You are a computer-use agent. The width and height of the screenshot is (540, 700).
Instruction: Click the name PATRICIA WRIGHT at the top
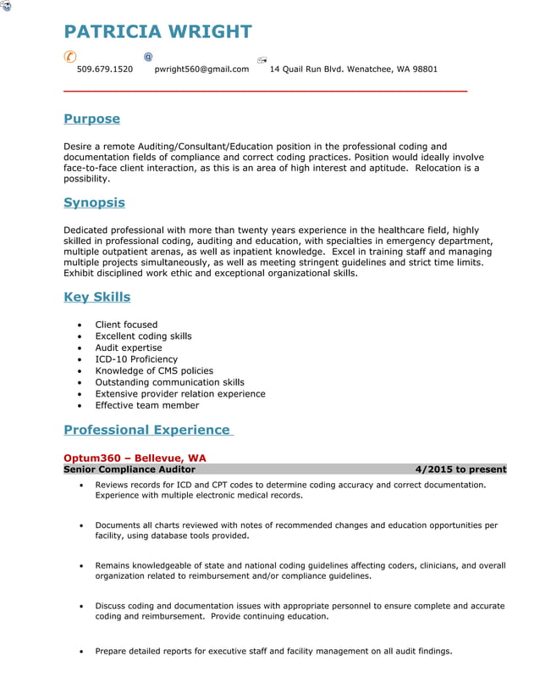click(157, 32)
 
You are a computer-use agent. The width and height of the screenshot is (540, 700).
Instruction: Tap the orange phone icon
click(70, 56)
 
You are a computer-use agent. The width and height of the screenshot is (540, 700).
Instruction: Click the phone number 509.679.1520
click(105, 69)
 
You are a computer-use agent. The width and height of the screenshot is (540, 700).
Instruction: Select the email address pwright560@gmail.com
click(201, 69)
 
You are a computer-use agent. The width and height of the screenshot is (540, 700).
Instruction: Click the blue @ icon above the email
click(148, 57)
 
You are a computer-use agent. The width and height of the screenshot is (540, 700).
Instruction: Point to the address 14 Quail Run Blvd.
click(353, 69)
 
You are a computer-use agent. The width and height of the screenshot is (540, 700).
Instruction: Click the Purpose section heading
click(91, 119)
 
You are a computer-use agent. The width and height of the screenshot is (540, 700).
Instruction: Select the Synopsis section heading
click(94, 203)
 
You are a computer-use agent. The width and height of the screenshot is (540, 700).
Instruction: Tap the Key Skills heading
click(96, 297)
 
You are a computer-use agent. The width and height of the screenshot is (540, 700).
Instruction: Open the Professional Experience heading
click(147, 430)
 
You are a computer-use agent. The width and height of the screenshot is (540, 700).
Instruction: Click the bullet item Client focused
click(126, 325)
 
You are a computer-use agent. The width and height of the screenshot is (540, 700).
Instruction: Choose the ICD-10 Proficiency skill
click(136, 359)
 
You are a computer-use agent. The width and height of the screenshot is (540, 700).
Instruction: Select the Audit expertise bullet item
click(128, 347)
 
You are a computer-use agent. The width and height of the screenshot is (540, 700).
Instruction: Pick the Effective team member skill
click(146, 405)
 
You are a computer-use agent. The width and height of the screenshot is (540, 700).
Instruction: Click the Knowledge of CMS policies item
click(154, 370)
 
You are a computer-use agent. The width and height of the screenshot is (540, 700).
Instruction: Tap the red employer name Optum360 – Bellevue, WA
click(135, 458)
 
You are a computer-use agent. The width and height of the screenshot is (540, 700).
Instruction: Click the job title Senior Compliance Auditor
click(129, 469)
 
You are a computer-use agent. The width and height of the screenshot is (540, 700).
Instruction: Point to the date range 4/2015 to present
click(460, 469)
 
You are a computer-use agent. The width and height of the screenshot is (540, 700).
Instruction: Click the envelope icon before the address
click(262, 60)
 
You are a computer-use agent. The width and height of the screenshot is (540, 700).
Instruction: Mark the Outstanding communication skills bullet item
click(169, 382)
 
